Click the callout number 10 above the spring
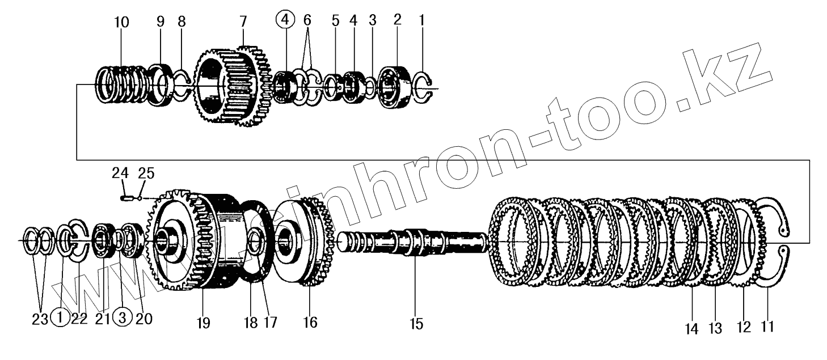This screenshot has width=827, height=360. [121, 23]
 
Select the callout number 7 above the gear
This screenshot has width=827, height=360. [243, 22]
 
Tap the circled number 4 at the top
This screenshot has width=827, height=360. [285, 20]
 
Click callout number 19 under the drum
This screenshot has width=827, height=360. [202, 323]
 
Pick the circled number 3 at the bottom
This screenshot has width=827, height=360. [123, 319]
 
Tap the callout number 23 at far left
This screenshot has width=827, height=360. [40, 319]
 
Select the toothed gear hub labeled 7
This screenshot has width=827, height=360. [230, 85]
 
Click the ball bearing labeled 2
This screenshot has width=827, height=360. [395, 87]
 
